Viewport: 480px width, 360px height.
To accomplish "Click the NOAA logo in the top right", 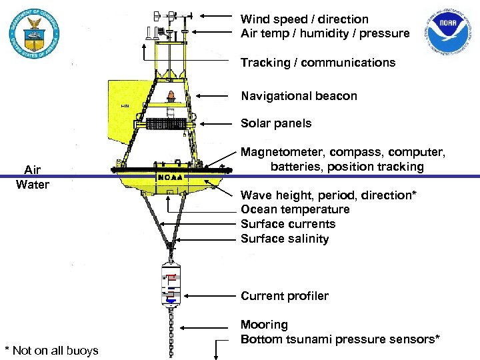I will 451,34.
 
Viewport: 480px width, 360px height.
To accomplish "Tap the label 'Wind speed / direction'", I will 304,19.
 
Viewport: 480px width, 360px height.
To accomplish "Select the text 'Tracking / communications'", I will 318,63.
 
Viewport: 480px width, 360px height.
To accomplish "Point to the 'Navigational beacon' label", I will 299,96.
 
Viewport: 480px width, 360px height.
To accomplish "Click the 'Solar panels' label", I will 276,123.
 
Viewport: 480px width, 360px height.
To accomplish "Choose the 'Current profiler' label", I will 285,296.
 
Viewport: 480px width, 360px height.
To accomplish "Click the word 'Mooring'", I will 265,325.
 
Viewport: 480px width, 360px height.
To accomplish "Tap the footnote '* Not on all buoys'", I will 51,351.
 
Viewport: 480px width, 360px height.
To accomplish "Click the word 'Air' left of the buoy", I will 33,169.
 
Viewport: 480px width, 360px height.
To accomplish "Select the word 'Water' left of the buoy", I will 33,184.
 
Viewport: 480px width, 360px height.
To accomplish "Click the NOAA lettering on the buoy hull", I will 171,177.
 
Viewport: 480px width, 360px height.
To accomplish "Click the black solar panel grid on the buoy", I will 168,124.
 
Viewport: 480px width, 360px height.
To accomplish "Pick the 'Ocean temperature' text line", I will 295,209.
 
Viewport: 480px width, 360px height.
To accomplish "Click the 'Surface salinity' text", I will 285,239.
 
